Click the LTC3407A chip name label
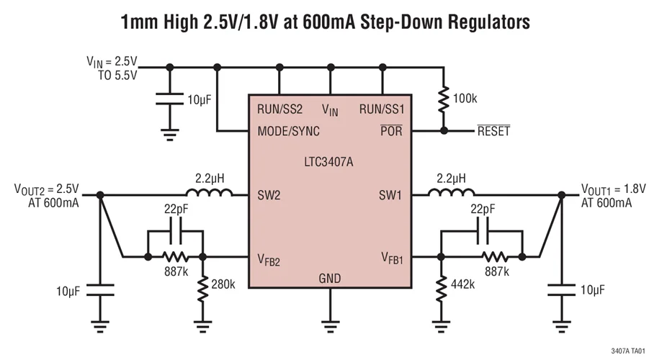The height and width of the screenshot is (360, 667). coord(330,162)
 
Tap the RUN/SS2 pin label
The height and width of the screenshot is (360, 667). coord(280,110)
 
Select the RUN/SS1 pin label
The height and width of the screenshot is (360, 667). coord(382,110)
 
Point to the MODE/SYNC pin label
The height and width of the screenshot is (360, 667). coord(289,132)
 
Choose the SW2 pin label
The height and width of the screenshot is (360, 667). coord(269,194)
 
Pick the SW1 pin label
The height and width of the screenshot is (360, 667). coord(392,194)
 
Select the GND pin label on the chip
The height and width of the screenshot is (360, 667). coord(330,279)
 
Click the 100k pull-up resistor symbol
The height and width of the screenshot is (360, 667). coord(444,98)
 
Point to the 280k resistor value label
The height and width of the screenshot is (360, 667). coord(223,284)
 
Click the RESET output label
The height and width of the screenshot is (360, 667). coord(493,132)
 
